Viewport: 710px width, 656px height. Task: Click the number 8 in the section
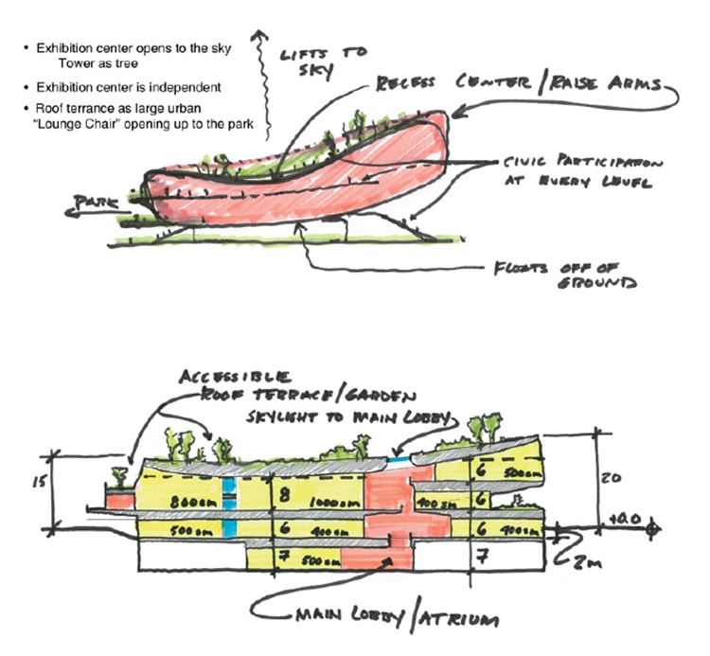[282, 492]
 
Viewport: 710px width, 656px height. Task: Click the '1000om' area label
[325, 501]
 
